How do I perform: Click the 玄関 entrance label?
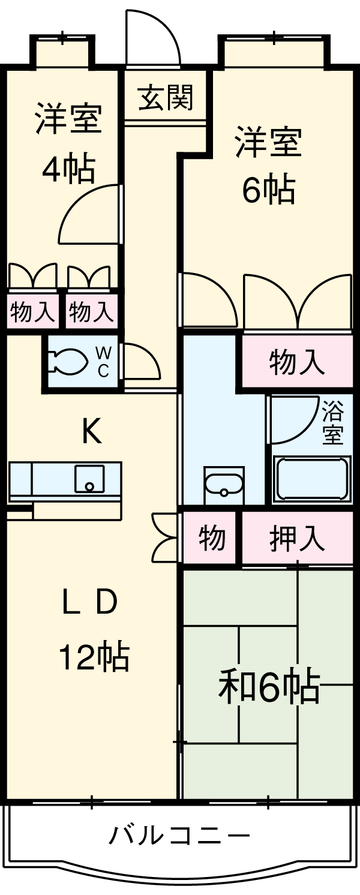click(x=165, y=97)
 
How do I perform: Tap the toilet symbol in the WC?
click(x=70, y=362)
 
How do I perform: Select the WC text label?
click(x=103, y=362)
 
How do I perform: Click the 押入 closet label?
click(x=297, y=538)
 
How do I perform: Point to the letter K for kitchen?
click(x=91, y=431)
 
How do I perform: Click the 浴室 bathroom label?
click(x=332, y=424)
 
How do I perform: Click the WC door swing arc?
click(x=142, y=361)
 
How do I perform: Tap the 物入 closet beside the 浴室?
click(x=297, y=362)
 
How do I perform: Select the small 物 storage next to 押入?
click(x=212, y=537)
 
